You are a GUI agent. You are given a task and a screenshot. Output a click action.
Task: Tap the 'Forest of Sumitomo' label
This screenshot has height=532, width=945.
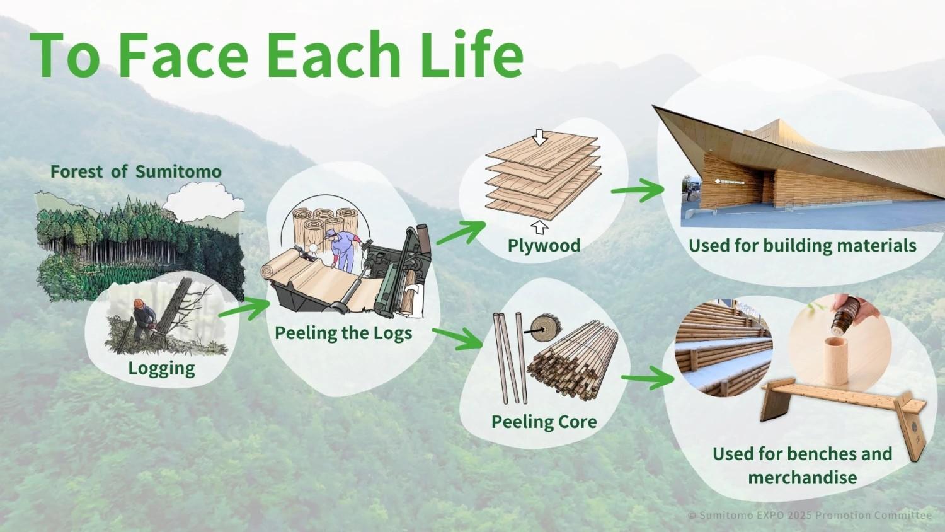(x=136, y=172)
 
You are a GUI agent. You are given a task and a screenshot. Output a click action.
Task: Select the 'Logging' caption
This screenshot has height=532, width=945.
(x=161, y=368)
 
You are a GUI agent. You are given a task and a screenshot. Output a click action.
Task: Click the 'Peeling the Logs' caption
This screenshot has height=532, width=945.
(x=343, y=333)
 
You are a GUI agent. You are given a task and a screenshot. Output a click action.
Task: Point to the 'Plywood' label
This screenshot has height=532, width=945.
(x=544, y=245)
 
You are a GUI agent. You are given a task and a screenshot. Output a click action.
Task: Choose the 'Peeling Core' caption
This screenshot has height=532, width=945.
(x=544, y=422)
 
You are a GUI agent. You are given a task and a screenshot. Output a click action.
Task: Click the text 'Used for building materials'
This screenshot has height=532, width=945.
(x=803, y=245)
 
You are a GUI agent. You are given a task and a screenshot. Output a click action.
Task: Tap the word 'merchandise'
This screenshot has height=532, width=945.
(x=803, y=478)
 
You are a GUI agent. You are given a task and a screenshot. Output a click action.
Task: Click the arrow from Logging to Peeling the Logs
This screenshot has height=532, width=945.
(x=244, y=308)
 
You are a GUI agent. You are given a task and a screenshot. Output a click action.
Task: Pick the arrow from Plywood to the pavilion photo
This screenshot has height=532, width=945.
(x=638, y=190)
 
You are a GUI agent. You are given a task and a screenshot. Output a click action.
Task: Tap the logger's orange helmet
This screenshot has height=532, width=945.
(x=139, y=303)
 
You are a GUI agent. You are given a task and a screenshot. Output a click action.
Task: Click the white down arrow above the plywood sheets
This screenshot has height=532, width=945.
(x=539, y=137)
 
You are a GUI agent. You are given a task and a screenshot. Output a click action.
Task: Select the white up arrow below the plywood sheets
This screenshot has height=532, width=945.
(x=539, y=227)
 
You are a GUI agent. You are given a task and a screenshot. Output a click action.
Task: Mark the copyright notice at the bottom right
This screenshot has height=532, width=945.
(x=810, y=515)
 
